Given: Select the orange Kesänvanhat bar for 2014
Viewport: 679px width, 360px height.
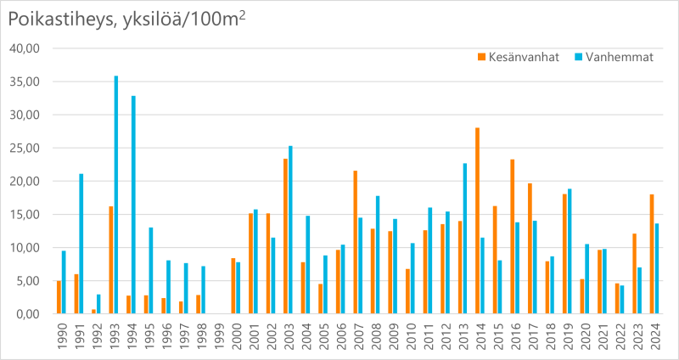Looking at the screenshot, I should pos(478,221).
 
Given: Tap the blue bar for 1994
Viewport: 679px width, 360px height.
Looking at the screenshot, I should pos(133,205).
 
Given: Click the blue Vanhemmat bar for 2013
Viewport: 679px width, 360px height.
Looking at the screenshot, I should pos(465,239).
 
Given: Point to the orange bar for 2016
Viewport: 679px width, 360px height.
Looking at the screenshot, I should pos(513,237).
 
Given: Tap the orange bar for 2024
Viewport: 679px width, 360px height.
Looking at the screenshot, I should pos(652,254).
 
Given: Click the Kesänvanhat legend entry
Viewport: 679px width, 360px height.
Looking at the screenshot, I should pos(519,57).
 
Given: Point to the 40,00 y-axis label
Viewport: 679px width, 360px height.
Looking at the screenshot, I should pos(25,49).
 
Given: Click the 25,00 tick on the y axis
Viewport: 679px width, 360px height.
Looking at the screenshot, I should pos(25,149).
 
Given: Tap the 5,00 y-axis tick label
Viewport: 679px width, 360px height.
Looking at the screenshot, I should pos(28,281).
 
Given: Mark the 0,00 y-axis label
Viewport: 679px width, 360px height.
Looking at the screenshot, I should pos(28,314).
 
